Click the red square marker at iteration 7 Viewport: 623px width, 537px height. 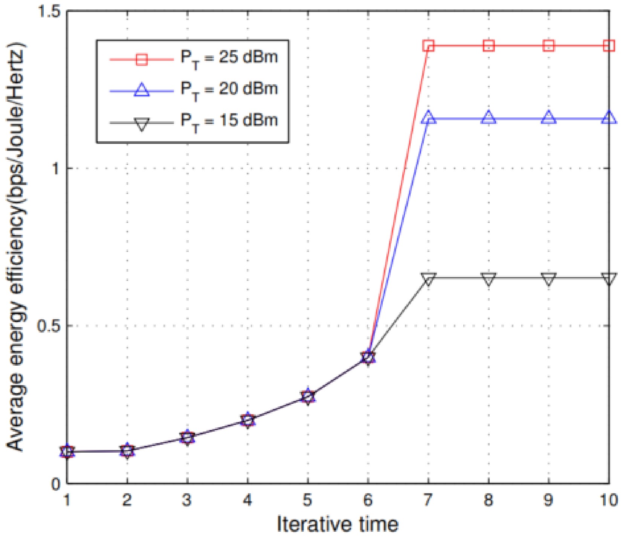pyautogui.click(x=428, y=46)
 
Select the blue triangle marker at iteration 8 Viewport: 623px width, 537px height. pyautogui.click(x=489, y=118)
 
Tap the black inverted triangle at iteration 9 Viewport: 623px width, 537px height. pyautogui.click(x=549, y=279)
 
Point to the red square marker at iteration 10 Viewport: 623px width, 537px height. pyautogui.click(x=609, y=46)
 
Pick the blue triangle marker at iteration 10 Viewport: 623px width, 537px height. pyautogui.click(x=609, y=118)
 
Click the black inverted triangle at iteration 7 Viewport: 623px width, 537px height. pyautogui.click(x=428, y=279)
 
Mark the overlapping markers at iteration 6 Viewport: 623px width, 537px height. pyautogui.click(x=368, y=357)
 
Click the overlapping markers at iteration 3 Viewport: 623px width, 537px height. pyautogui.click(x=187, y=437)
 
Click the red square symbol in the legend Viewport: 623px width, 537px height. pyautogui.click(x=142, y=59)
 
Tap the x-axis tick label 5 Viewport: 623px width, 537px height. pyautogui.click(x=308, y=500)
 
